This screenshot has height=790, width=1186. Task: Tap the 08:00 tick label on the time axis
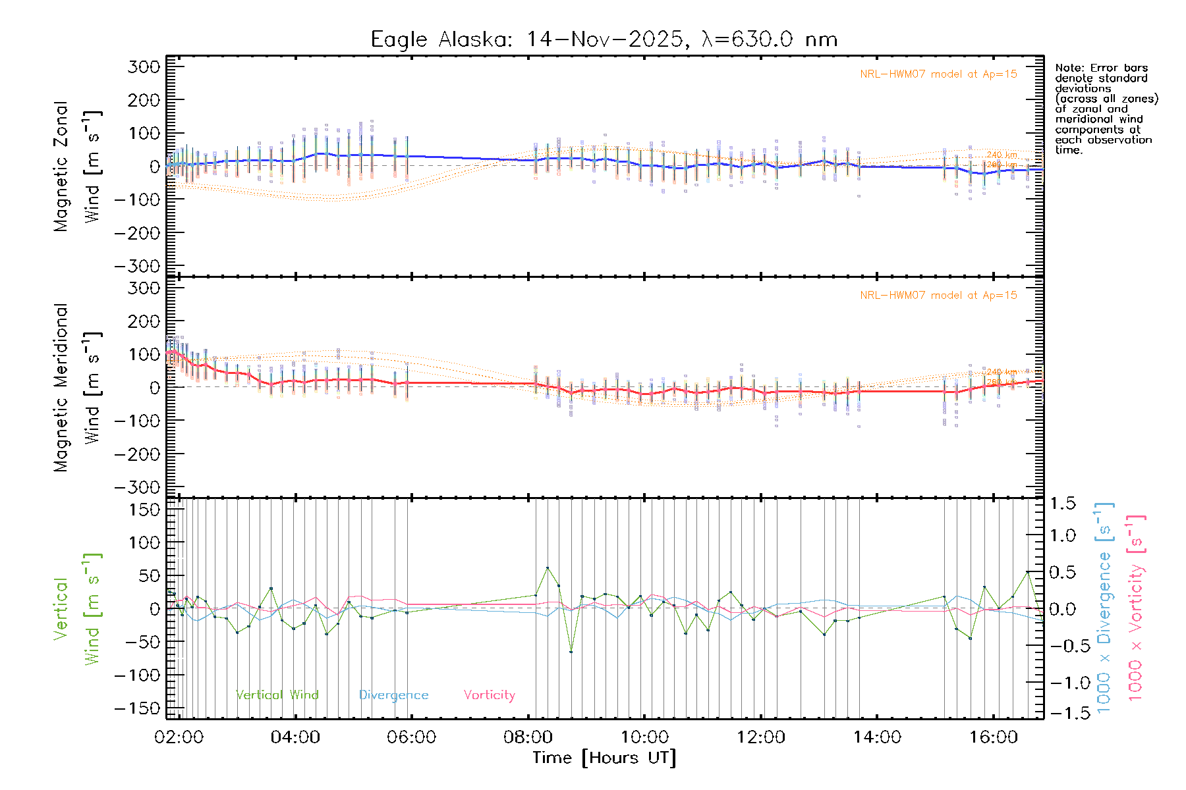528,737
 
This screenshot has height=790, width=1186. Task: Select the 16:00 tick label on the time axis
994,737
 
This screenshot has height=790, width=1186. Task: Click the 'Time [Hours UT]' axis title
604,758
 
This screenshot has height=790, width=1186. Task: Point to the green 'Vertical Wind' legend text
277,695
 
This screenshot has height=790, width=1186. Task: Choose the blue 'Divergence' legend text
393,695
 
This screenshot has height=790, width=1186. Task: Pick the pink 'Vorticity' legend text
489,695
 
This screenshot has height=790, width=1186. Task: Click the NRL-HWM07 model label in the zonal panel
938,74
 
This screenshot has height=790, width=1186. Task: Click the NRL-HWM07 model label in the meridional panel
938,296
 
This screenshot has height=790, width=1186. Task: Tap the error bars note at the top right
1106,109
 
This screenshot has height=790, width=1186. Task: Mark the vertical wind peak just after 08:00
547,567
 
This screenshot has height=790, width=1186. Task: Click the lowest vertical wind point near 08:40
571,652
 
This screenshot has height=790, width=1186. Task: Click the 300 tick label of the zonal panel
144,66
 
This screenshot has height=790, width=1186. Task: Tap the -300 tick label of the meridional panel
138,487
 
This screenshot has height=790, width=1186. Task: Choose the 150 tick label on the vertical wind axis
144,510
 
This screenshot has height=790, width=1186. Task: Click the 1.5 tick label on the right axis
1063,504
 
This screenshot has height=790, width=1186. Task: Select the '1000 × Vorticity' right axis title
1135,607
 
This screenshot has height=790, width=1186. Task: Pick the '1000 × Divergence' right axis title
1104,607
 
